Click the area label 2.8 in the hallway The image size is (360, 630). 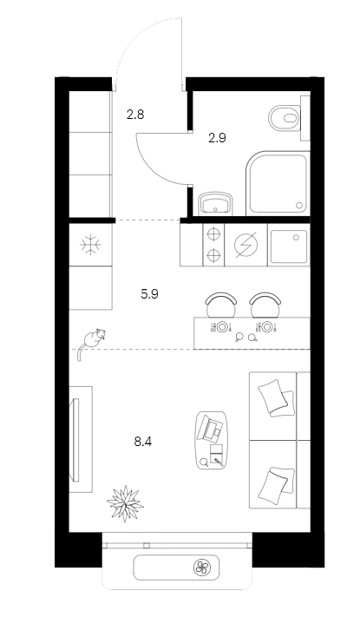pyautogui.click(x=135, y=115)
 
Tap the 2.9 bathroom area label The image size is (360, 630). pyautogui.click(x=217, y=138)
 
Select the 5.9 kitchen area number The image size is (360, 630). pyautogui.click(x=149, y=294)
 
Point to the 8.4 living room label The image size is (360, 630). pyautogui.click(x=143, y=443)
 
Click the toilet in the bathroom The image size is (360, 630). pyautogui.click(x=285, y=118)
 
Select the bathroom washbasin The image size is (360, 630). pyautogui.click(x=216, y=203)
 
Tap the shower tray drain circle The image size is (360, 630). pyautogui.click(x=299, y=205)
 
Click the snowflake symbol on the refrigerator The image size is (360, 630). pyautogui.click(x=90, y=245)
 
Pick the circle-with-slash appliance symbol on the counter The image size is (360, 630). pyautogui.click(x=245, y=245)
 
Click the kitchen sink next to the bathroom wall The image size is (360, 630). pyautogui.click(x=289, y=246)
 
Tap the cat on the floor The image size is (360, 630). pyautogui.click(x=91, y=342)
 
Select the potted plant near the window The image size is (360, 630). pyautogui.click(x=126, y=503)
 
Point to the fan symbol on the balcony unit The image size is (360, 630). pyautogui.click(x=202, y=568)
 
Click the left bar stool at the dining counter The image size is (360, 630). pyautogui.click(x=220, y=305)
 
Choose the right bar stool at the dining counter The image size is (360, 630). pyautogui.click(x=265, y=305)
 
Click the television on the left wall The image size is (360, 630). pyautogui.click(x=75, y=439)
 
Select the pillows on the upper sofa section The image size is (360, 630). pyautogui.click(x=277, y=397)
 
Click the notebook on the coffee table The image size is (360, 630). pyautogui.click(x=217, y=455)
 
